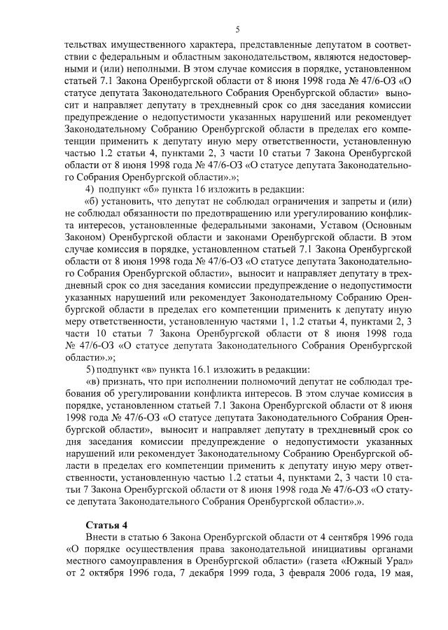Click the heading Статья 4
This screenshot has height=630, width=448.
pos(107,523)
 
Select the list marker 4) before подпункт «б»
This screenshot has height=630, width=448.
pos(89,188)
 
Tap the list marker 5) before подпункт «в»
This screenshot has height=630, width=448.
pos(89,369)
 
